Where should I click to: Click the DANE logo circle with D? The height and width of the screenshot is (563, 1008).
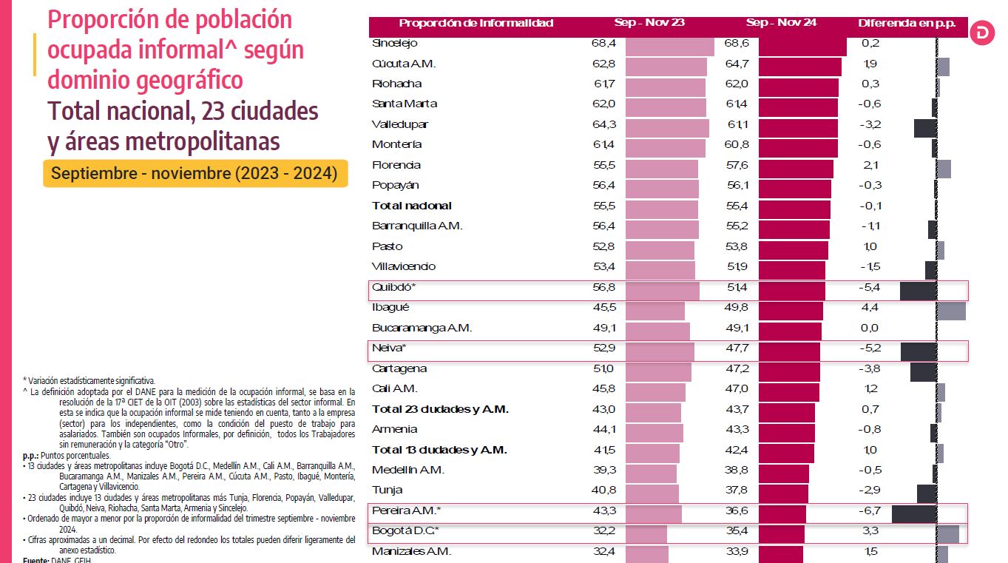click(982, 33)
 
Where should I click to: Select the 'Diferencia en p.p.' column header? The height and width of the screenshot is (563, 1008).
click(906, 23)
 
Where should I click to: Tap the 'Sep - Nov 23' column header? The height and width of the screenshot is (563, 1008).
click(649, 23)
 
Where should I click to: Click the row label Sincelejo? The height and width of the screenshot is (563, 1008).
click(395, 44)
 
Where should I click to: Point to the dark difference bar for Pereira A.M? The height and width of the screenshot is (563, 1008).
click(914, 513)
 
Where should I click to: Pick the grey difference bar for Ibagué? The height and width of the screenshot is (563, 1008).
click(951, 311)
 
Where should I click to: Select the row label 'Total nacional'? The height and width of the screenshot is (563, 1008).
click(412, 206)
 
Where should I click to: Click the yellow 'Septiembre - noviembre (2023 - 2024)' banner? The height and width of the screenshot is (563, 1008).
click(195, 174)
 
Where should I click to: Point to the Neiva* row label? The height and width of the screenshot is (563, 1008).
click(390, 348)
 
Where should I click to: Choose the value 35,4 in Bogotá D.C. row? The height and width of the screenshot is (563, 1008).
click(737, 530)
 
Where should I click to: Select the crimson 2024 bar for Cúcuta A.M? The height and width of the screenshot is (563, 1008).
click(800, 67)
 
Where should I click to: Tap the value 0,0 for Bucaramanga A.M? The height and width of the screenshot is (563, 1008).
click(870, 328)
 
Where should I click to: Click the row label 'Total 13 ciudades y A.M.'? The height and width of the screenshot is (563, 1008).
click(440, 450)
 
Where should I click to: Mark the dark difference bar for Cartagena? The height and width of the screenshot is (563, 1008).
click(923, 371)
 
